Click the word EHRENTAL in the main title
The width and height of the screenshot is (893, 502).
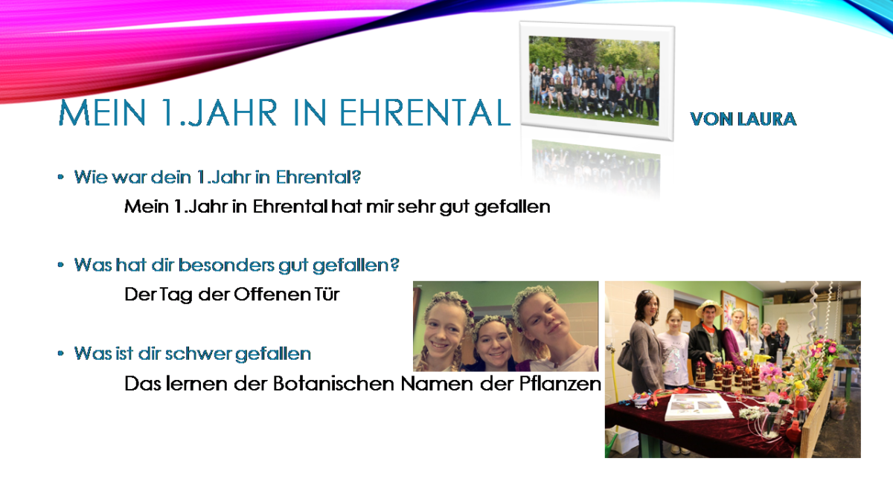[x=425, y=113]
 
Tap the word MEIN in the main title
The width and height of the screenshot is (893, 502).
[x=102, y=113]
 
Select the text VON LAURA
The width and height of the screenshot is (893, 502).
[x=743, y=119]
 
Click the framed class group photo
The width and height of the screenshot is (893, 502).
[x=597, y=81]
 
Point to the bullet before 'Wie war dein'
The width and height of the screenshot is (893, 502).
[x=60, y=177]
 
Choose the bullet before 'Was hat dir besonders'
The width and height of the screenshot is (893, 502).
[x=60, y=265]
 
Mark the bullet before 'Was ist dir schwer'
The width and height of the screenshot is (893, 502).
[x=60, y=353]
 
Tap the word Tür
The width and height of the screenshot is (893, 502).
[x=327, y=295]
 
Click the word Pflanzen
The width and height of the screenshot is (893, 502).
[x=560, y=384]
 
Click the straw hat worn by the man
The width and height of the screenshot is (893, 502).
[x=708, y=307]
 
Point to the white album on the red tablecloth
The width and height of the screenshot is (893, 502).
[x=699, y=406]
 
